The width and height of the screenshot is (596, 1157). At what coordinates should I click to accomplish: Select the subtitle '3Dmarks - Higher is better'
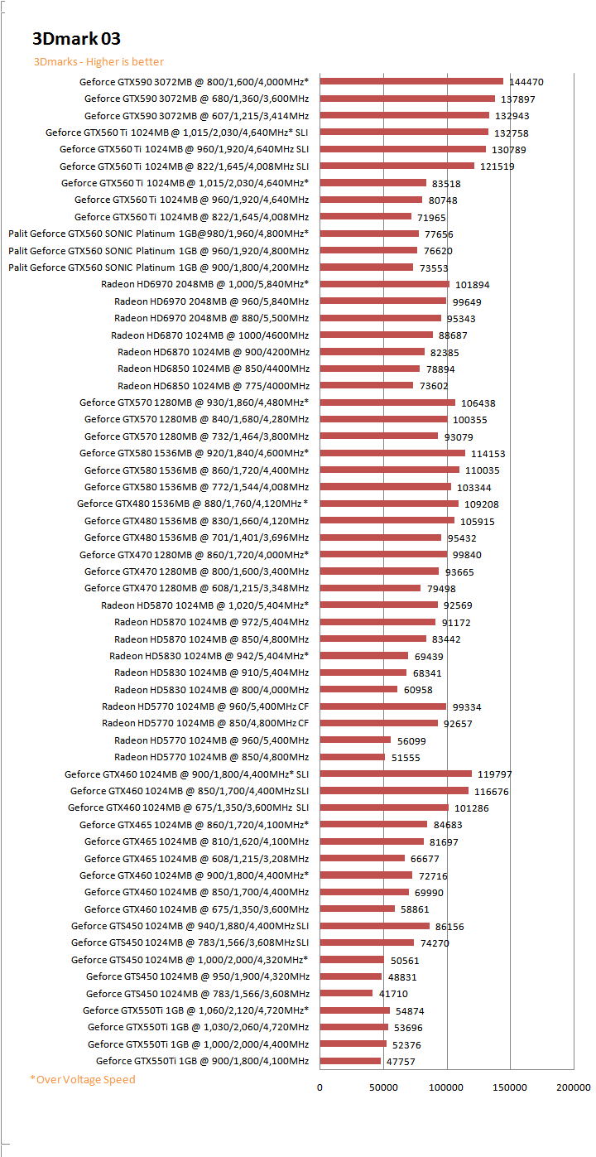pyautogui.click(x=99, y=62)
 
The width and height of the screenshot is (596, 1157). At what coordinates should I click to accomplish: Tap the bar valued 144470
pyautogui.click(x=411, y=81)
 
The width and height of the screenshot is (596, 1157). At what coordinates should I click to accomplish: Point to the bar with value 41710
pyautogui.click(x=346, y=993)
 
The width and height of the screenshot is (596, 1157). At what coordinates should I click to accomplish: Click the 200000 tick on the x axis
pyautogui.click(x=574, y=1087)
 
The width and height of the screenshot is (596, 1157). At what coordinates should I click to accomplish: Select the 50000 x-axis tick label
pyautogui.click(x=383, y=1087)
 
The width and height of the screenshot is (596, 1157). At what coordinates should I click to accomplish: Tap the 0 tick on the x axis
pyautogui.click(x=320, y=1087)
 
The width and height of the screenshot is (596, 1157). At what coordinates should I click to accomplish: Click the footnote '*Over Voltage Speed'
pyautogui.click(x=83, y=1079)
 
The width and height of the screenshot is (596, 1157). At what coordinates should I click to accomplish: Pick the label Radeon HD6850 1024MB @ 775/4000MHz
pyautogui.click(x=214, y=386)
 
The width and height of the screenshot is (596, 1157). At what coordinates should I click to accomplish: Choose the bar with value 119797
pyautogui.click(x=396, y=774)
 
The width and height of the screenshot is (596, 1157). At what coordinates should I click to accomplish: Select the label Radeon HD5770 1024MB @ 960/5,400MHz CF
pyautogui.click(x=205, y=706)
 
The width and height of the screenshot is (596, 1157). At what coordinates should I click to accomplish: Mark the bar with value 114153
pyautogui.click(x=392, y=453)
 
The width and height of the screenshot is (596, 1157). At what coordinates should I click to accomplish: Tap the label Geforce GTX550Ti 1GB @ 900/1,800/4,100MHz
pyautogui.click(x=202, y=1061)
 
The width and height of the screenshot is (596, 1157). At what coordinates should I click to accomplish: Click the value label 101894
pyautogui.click(x=473, y=285)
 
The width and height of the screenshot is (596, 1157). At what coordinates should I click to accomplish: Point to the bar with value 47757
pyautogui.click(x=350, y=1061)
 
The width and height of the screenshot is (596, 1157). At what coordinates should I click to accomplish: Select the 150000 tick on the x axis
pyautogui.click(x=510, y=1087)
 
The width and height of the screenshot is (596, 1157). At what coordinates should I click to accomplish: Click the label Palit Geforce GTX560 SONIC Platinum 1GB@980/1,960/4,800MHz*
pyautogui.click(x=159, y=234)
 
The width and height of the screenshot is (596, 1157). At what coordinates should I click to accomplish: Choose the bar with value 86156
pyautogui.click(x=374, y=926)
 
